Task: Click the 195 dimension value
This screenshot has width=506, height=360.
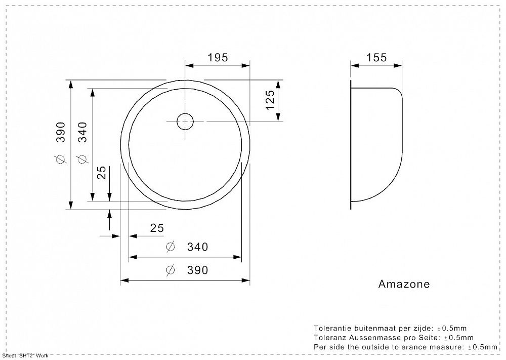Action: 218,57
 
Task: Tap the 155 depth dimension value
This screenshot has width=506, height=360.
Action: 376,57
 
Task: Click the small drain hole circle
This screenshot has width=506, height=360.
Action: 185,121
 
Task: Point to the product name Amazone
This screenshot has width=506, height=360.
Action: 404,284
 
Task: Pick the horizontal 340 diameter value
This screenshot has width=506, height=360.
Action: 197,247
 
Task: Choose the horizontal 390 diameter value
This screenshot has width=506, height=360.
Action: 197,270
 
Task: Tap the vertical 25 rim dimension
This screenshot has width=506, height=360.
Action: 101,173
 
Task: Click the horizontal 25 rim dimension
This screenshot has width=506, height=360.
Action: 157,228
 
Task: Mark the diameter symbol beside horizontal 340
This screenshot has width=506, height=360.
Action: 171,247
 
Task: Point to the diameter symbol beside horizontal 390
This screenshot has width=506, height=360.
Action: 171,270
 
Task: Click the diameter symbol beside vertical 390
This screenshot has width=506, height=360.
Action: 61,161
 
